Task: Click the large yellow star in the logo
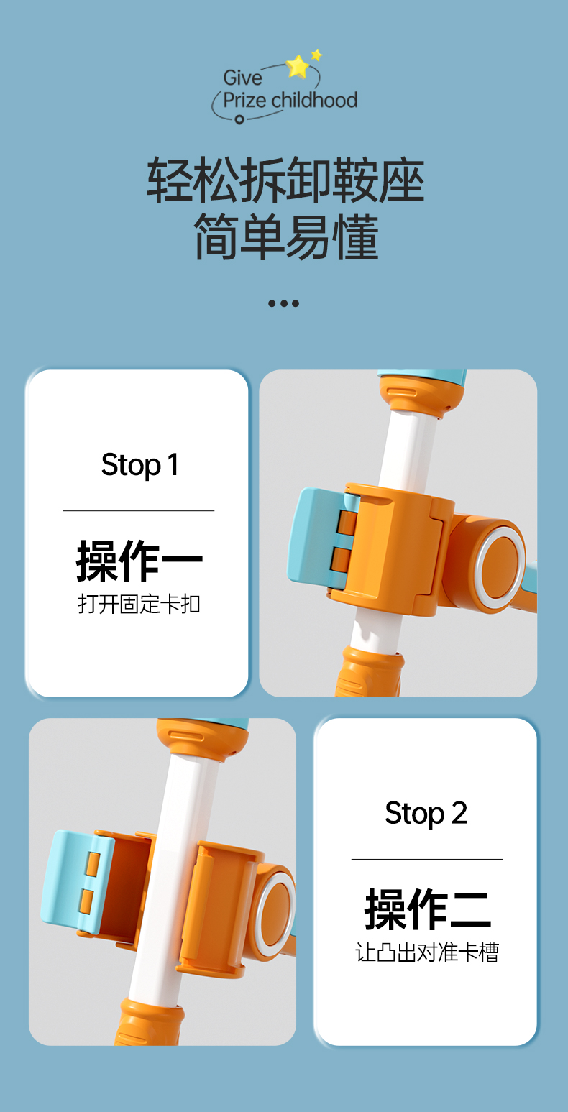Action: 298,67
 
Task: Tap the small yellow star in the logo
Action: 316,54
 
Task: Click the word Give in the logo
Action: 242,78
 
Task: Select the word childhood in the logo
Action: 315,101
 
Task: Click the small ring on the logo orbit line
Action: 239,119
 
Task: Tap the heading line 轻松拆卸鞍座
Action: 285,180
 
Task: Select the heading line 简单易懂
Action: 285,236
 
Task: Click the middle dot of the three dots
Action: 284,303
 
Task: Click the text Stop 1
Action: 139,465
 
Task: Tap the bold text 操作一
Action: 139,561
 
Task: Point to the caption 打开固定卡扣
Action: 139,604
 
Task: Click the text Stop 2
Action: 426,814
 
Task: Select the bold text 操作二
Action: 428,909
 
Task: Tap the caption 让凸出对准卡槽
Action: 427,952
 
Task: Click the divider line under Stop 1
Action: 139,510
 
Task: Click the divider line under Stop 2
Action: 427,859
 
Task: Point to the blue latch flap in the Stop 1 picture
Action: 320,537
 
